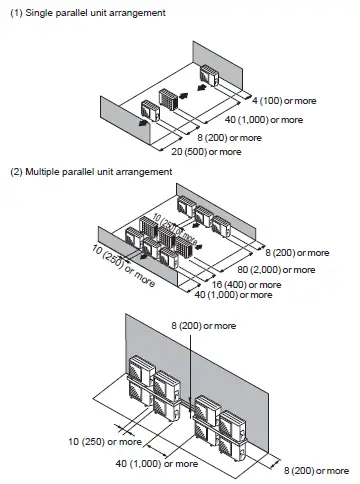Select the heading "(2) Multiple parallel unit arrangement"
click(91, 172)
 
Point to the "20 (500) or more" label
click(206, 151)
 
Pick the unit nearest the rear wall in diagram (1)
click(213, 75)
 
